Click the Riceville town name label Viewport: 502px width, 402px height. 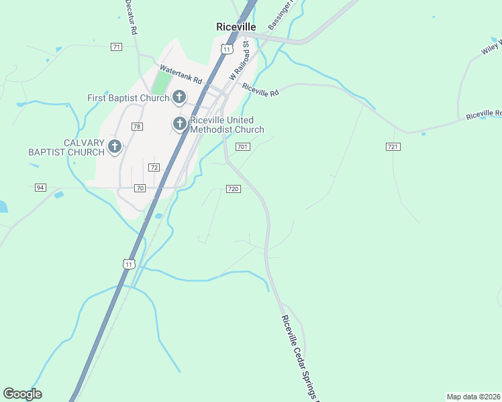236,27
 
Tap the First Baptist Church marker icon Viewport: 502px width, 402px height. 179,98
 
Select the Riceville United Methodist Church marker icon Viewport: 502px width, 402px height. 179,124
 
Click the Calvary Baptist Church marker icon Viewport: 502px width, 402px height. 115,147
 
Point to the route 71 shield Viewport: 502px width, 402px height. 117,47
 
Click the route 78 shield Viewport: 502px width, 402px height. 137,127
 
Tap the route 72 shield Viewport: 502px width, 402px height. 154,167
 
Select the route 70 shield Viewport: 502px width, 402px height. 140,188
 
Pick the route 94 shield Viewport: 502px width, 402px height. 41,188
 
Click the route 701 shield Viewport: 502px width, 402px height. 243,147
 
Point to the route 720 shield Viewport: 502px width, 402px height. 233,189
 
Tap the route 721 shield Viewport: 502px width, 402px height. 393,146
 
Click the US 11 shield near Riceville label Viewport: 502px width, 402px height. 227,50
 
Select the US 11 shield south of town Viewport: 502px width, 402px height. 129,264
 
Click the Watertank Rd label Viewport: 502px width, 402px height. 181,74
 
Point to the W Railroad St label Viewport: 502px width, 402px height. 239,61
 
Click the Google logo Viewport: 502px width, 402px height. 22,394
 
